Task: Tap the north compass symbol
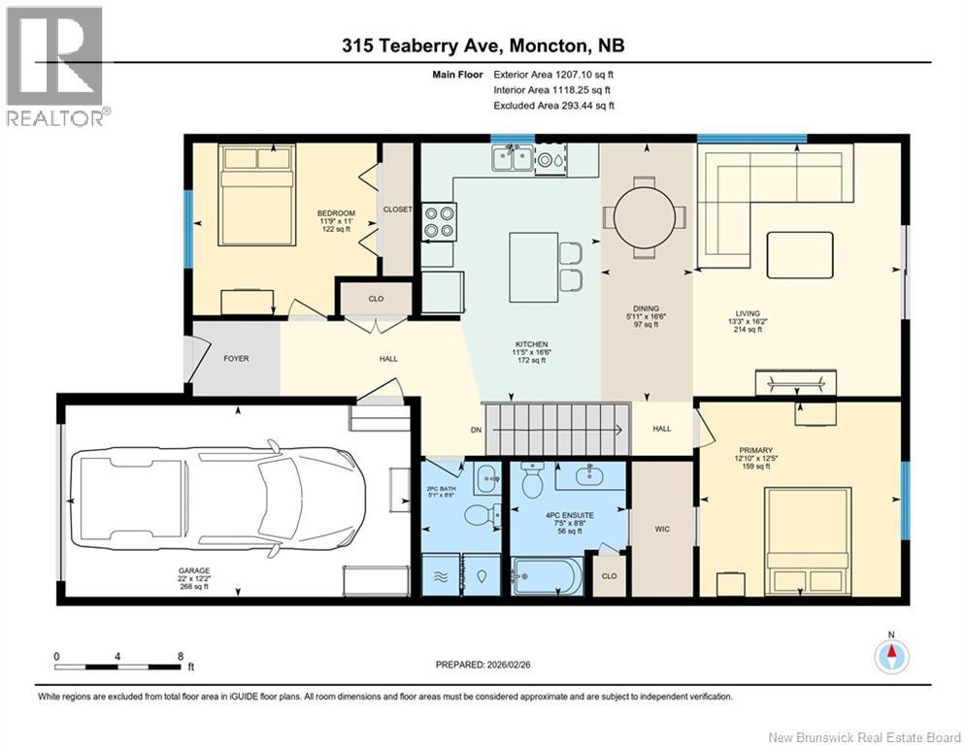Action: pos(891,656)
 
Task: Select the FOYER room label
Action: pos(236,359)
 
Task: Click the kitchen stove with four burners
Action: pos(439,221)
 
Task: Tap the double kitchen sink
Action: pos(513,158)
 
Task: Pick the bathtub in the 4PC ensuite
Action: pos(547,575)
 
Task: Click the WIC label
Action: pos(662,529)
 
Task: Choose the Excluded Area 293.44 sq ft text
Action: pos(553,106)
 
